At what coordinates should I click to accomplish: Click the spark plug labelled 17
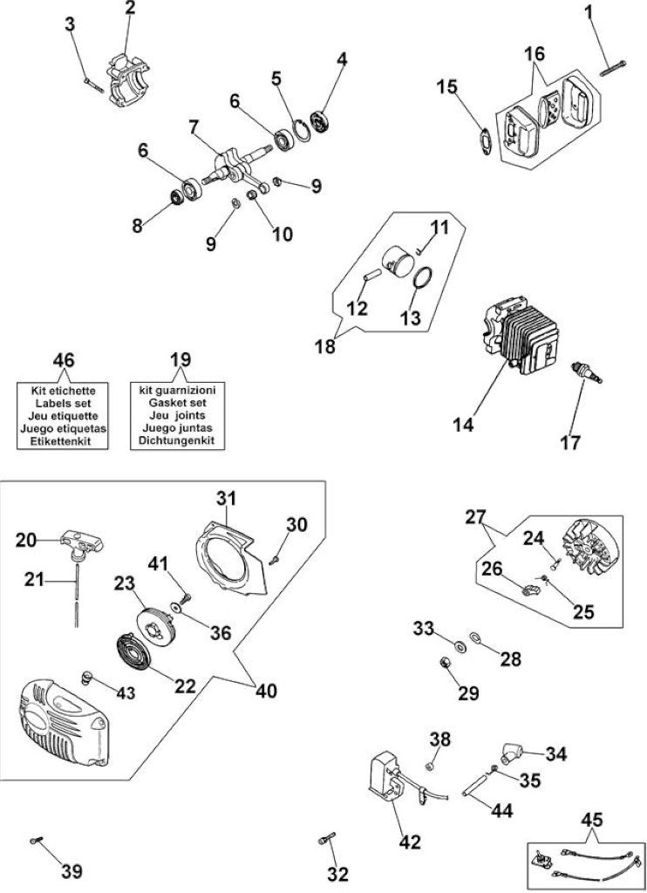coord(586,372)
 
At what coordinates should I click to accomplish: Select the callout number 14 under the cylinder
coord(464,425)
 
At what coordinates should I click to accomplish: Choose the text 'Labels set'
coord(63,403)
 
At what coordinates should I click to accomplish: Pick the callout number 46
coord(64,360)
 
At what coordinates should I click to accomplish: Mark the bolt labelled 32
coord(326,839)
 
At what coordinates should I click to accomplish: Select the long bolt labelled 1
coord(613,68)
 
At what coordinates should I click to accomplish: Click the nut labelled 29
coord(446,663)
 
